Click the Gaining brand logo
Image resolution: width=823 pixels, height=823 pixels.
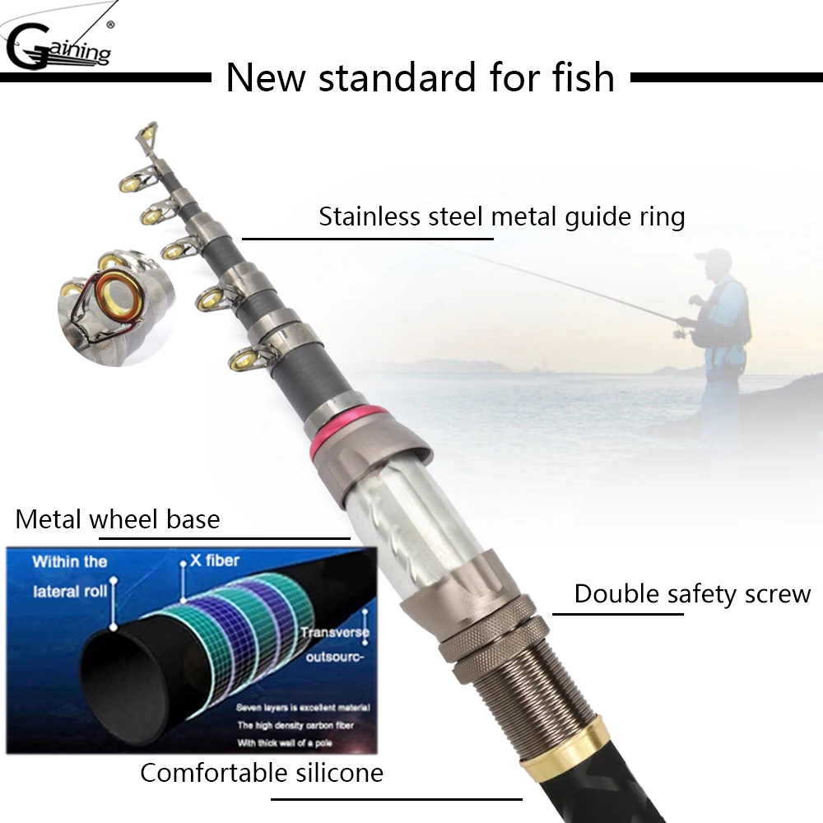tap(58, 44)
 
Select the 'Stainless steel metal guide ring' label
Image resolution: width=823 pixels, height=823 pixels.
tap(501, 217)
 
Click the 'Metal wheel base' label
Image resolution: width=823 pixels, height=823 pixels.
tap(118, 519)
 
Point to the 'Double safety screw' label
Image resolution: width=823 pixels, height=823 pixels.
tap(692, 593)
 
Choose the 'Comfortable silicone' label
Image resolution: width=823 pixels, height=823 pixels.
tap(262, 773)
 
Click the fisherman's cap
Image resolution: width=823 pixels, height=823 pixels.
tap(712, 257)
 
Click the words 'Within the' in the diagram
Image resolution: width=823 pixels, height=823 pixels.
tap(69, 561)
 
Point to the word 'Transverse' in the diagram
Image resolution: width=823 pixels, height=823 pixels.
tap(334, 632)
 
